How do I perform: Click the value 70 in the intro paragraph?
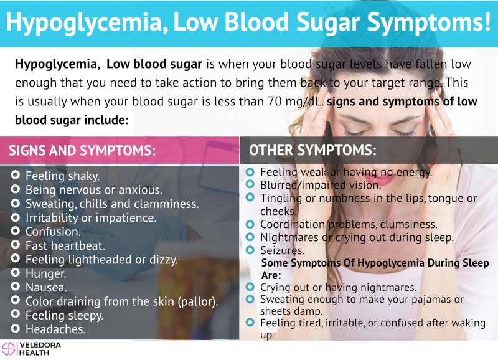(275, 102)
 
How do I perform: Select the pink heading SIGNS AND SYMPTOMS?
(82, 150)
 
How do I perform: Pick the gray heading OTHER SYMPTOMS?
(312, 150)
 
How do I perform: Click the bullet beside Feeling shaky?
(15, 175)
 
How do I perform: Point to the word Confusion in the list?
(53, 232)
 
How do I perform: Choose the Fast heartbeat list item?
(65, 245)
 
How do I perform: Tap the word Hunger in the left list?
(45, 273)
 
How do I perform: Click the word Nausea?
(46, 288)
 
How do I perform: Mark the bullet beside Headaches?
(15, 328)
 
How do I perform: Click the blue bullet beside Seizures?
(250, 250)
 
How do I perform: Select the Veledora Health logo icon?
(9, 349)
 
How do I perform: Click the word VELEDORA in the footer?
(40, 345)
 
